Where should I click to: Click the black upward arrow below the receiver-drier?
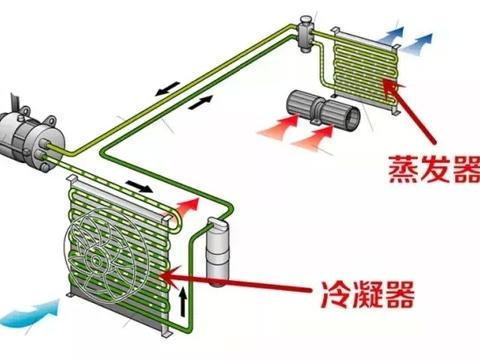183,299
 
